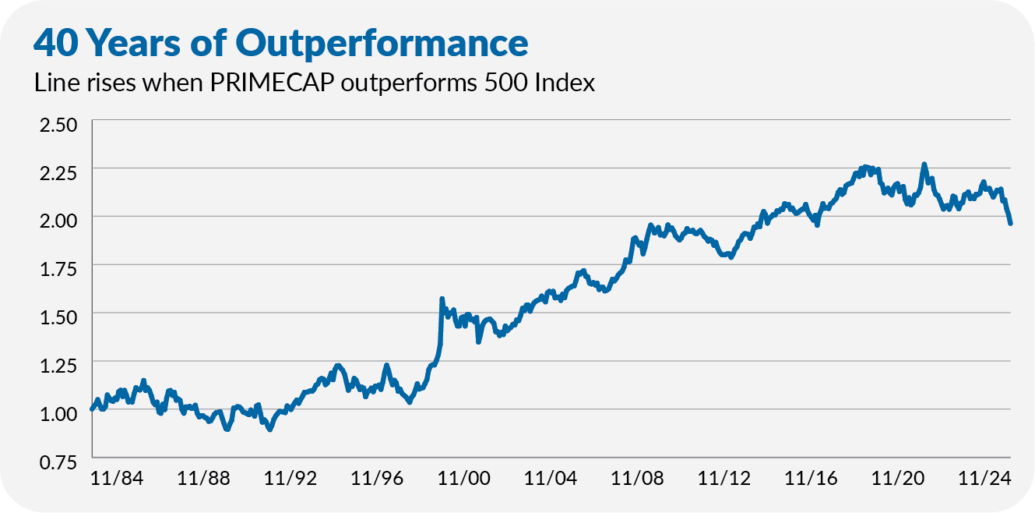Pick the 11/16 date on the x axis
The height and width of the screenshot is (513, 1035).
pyautogui.click(x=811, y=477)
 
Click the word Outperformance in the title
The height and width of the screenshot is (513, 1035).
pyautogui.click(x=382, y=44)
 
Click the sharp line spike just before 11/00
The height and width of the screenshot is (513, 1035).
pyautogui.click(x=442, y=299)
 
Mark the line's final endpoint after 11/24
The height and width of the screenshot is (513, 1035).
pyautogui.click(x=1010, y=223)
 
